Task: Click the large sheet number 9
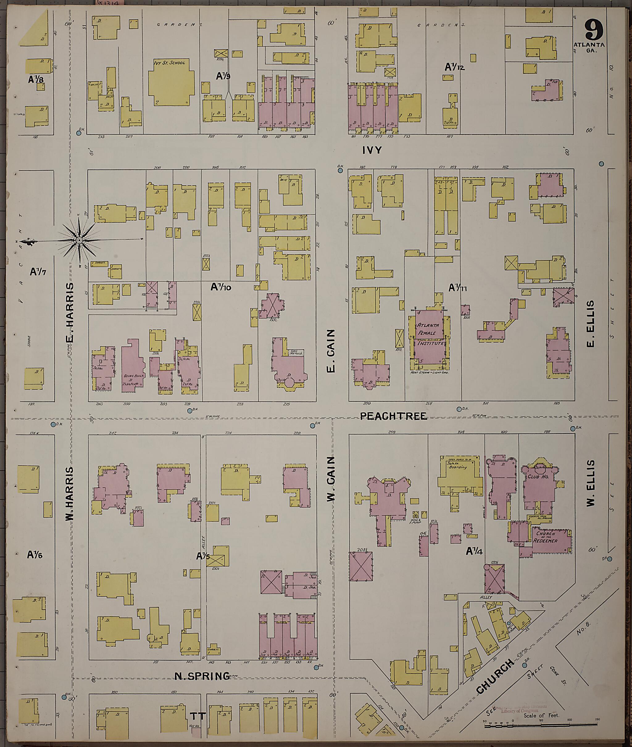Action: tap(594, 30)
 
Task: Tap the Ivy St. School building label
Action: tap(169, 63)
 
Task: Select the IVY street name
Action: tap(372, 151)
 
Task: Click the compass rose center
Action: tap(79, 240)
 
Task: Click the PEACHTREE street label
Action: tap(393, 416)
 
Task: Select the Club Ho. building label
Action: tap(536, 478)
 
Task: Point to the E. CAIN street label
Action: tap(331, 351)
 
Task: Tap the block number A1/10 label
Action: tap(221, 287)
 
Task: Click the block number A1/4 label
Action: tap(474, 551)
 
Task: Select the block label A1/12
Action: tap(454, 67)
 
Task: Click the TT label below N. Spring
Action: tap(198, 716)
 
